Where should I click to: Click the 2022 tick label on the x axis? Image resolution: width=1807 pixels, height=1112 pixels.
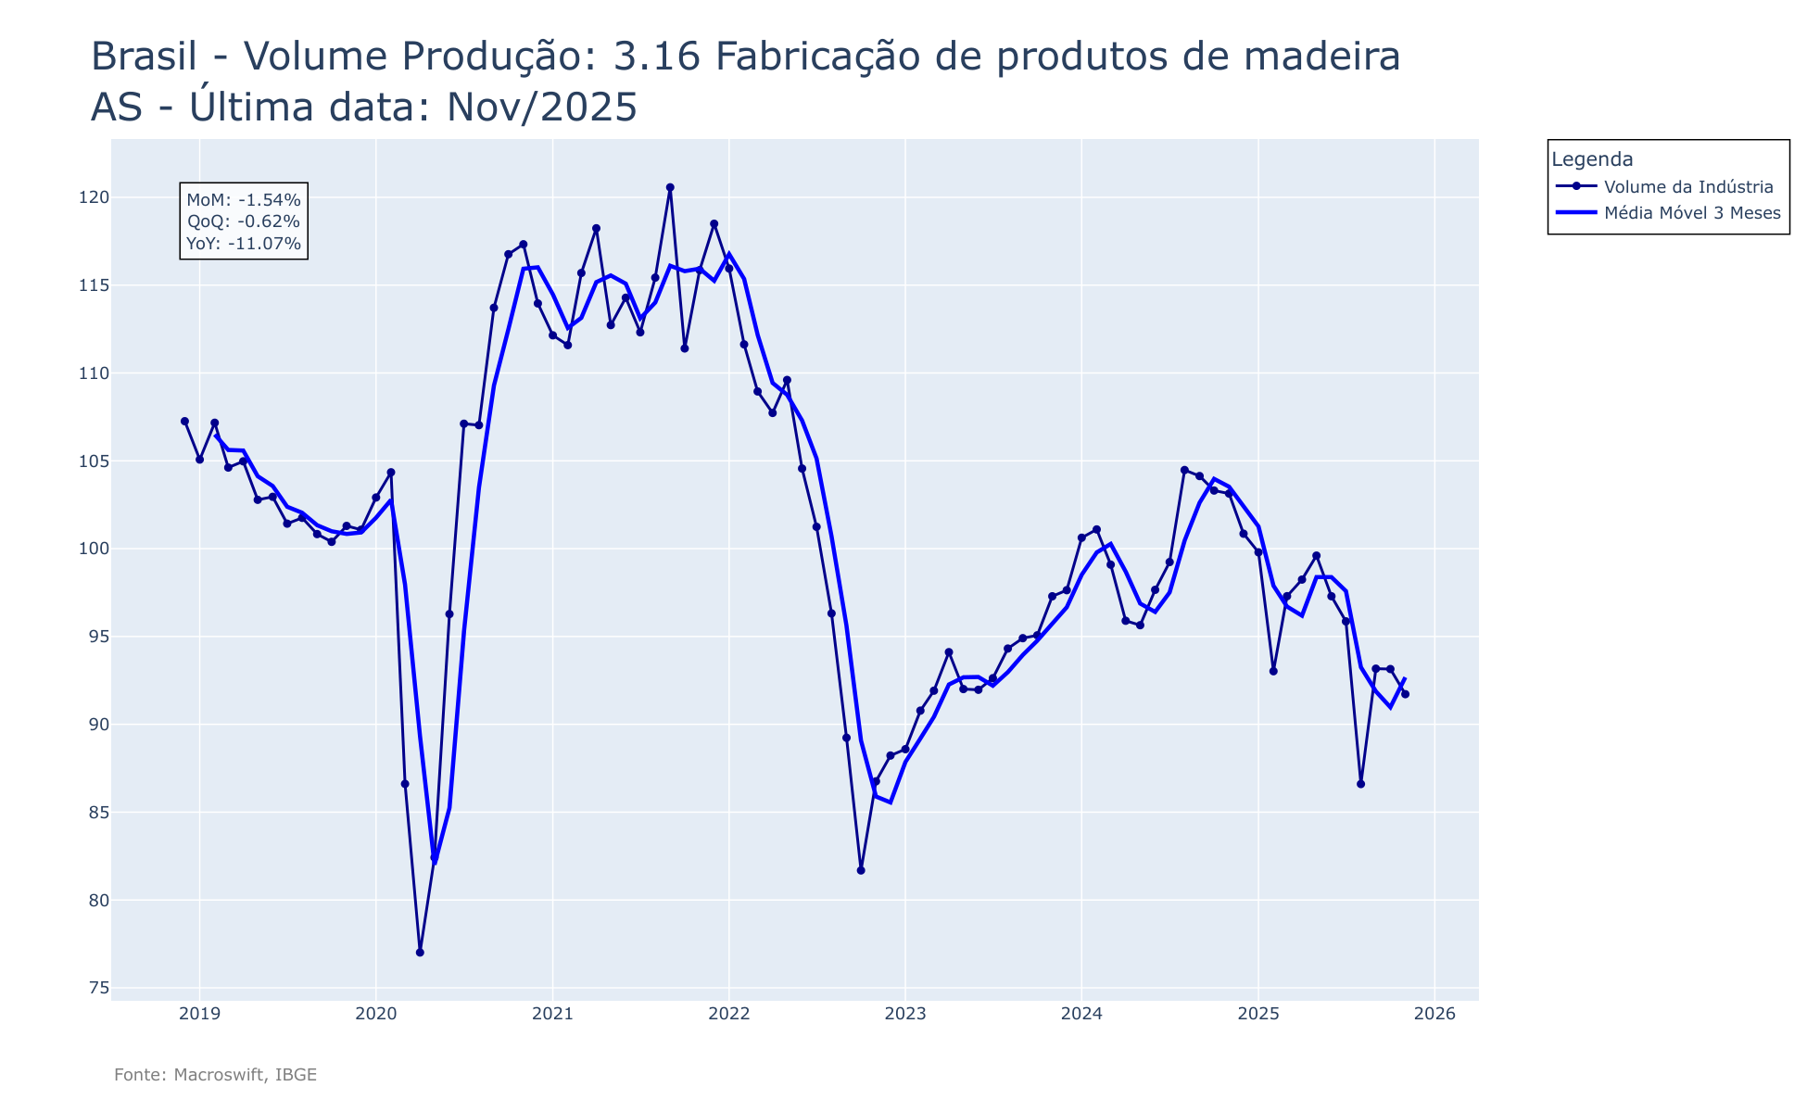coord(728,1014)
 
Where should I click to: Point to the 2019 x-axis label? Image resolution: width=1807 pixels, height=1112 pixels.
coord(199,1014)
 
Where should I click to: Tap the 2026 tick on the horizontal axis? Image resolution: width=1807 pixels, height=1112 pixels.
coord(1434,1014)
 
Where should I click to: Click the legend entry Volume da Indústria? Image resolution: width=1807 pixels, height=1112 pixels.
coord(1688,187)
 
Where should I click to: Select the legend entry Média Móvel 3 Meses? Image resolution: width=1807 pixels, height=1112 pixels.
coord(1692,213)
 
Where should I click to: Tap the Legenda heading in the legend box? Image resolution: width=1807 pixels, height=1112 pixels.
coord(1592,159)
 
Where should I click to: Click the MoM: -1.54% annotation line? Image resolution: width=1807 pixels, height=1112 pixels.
coord(244,199)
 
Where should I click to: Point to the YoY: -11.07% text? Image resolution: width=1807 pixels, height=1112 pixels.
coord(244,244)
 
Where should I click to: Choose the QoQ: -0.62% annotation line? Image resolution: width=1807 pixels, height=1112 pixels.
coord(244,221)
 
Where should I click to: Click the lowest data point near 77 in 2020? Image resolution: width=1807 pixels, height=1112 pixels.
coord(420,953)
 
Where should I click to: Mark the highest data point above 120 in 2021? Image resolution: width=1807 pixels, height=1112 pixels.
coord(670,187)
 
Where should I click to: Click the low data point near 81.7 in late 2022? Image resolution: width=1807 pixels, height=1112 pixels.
coord(861,870)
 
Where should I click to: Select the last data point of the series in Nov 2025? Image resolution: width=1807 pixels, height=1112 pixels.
coord(1405,694)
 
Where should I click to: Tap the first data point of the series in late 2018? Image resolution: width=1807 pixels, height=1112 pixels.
coord(184,421)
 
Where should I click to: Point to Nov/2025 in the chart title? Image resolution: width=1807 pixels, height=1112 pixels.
coord(542,108)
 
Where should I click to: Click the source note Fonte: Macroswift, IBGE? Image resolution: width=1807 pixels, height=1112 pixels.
coord(215,1075)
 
